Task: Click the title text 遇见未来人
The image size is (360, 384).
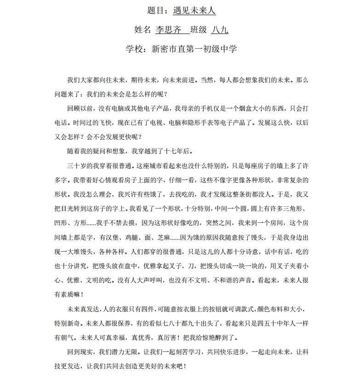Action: click(x=194, y=11)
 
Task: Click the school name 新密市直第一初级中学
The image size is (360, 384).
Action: click(x=194, y=48)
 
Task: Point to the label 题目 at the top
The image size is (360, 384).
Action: click(x=157, y=11)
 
